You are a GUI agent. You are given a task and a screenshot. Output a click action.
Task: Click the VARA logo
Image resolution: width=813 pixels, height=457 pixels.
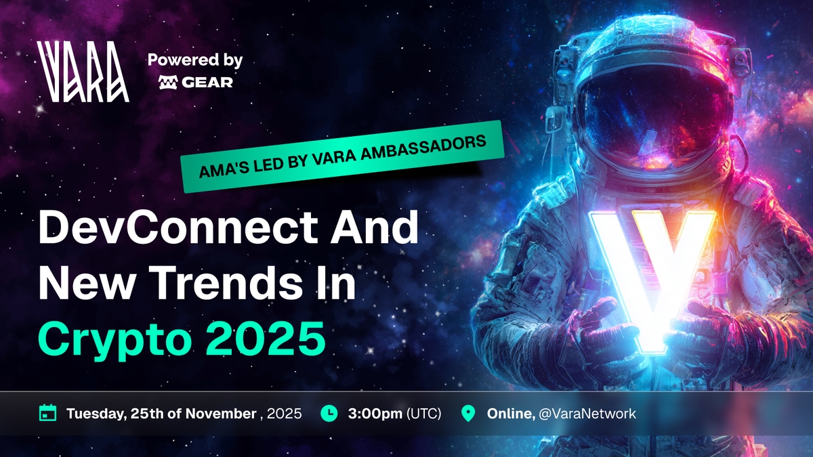(x=83, y=72)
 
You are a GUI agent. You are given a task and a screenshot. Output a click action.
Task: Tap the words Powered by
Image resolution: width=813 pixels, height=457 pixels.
(x=195, y=60)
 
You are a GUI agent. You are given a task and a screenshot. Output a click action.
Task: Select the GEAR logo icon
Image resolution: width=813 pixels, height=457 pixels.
(x=168, y=83)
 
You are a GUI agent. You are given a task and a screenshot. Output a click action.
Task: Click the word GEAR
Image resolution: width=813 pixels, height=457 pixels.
(x=207, y=83)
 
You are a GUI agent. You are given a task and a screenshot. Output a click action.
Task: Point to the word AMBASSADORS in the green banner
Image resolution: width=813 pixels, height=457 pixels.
(x=423, y=148)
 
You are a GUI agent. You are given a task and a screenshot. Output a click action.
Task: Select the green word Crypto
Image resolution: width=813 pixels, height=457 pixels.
(x=114, y=339)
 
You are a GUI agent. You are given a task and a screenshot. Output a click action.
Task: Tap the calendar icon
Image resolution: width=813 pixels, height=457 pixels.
(x=47, y=413)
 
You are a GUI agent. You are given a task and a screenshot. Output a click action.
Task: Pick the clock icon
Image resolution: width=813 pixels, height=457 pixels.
(x=329, y=413)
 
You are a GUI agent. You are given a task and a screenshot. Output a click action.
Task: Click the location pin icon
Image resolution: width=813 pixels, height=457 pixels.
(x=468, y=414)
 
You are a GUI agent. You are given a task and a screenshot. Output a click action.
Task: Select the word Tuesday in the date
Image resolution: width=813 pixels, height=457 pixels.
(x=96, y=414)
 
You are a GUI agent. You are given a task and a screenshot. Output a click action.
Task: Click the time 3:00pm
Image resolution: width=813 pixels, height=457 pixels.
(x=375, y=414)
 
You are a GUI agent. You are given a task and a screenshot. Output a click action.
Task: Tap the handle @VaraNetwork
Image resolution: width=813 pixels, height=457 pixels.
(x=587, y=414)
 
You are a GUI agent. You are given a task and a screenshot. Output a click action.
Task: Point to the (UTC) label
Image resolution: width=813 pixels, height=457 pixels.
(x=424, y=414)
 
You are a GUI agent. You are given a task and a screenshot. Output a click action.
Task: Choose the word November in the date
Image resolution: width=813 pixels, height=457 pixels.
(x=221, y=414)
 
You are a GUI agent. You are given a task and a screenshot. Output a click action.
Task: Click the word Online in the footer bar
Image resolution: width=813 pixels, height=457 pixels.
(x=511, y=414)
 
